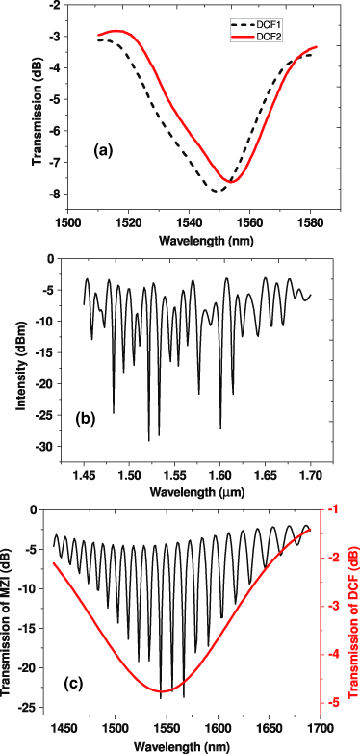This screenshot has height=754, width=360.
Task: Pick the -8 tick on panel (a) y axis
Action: pos(53,195)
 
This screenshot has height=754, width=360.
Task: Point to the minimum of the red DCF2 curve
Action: pos(231,180)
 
